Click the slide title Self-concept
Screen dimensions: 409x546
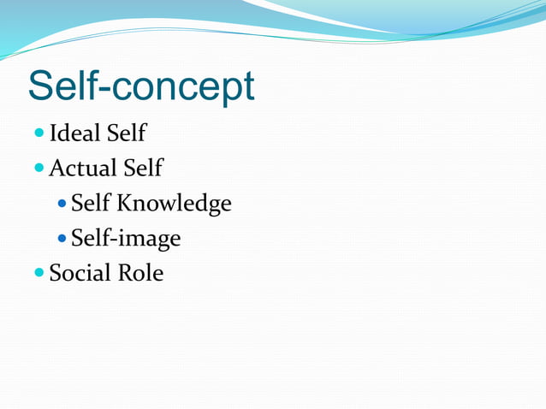141,86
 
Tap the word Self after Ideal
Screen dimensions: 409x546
127,133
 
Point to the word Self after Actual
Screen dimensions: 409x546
143,168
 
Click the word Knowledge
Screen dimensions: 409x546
175,204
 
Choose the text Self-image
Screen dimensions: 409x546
126,238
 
